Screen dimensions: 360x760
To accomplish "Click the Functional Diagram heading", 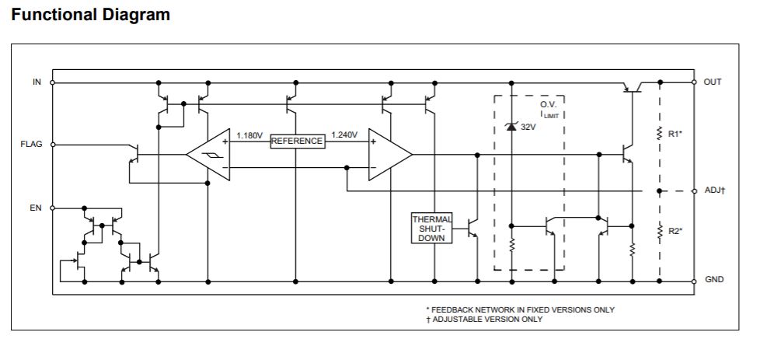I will tap(91, 15).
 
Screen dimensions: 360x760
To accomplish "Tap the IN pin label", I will tap(37, 82).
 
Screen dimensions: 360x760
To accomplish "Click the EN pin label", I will tap(36, 208).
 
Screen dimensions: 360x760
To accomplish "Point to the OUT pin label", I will tap(713, 82).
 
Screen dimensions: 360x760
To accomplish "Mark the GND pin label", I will tap(713, 279).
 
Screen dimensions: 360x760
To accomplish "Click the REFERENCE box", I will tap(297, 142).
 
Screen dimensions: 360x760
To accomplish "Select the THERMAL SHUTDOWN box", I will tap(431, 229).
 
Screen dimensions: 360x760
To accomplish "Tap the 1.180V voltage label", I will tap(249, 135).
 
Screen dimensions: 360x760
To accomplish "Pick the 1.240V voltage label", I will tap(344, 135).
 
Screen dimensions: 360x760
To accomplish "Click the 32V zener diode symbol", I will tap(511, 126).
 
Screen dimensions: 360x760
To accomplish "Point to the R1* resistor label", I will tap(675, 134).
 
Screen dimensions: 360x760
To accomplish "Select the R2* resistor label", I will tap(675, 231).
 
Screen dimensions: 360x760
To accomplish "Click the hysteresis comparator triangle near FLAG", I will tap(211, 155).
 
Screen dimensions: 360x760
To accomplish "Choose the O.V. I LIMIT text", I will tap(549, 109).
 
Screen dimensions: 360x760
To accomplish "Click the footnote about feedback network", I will tap(519, 309).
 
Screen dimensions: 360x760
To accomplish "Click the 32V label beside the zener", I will tap(528, 126).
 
